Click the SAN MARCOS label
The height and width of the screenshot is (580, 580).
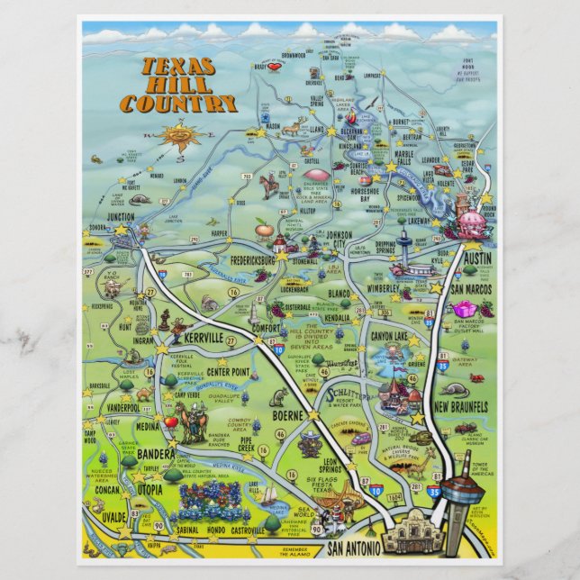point(469,289)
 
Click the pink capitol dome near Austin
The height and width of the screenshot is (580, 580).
point(470,221)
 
